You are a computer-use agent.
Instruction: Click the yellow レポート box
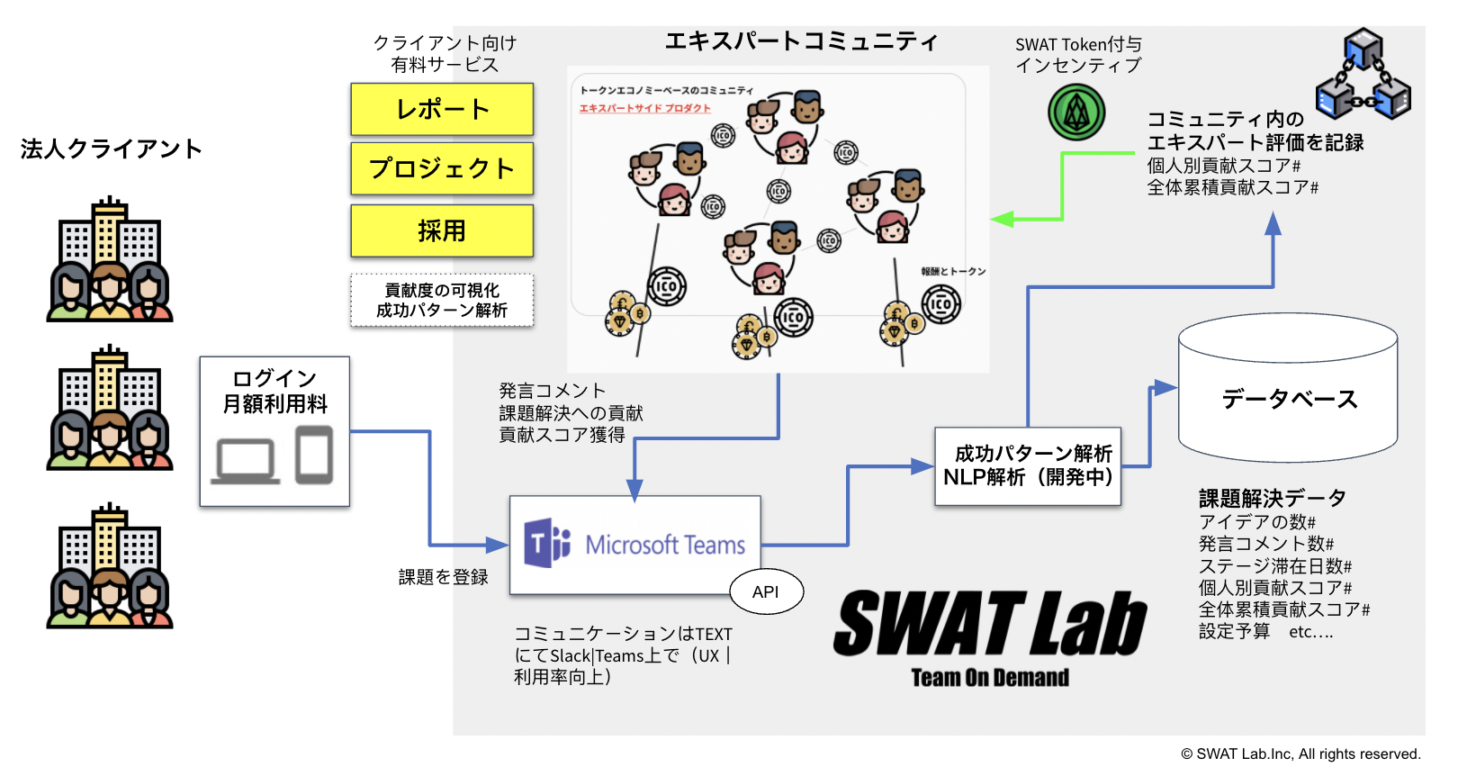coord(442,109)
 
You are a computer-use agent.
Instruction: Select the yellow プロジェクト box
coord(442,168)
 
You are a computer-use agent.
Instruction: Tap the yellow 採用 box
coord(442,230)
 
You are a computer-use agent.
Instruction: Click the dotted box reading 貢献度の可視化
coord(442,300)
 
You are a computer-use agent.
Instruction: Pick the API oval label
coord(766,591)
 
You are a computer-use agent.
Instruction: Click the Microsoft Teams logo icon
coord(547,543)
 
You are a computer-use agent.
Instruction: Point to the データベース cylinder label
coord(1289,399)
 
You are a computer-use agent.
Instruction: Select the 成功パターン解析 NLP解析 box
coord(1028,465)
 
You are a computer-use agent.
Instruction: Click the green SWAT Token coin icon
coord(1076,113)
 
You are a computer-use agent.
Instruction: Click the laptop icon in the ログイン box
coord(245,461)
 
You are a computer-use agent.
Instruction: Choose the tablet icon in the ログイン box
coord(314,456)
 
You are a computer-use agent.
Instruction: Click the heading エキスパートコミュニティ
coord(801,41)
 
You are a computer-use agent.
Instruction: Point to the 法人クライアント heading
coord(111,149)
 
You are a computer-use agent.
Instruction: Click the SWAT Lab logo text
coord(990,623)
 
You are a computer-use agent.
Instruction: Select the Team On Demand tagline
coord(990,678)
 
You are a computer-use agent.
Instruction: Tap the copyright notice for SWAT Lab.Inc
coord(1300,754)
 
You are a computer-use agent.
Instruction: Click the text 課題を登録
coord(443,577)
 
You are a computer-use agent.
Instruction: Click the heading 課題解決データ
coord(1272,498)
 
